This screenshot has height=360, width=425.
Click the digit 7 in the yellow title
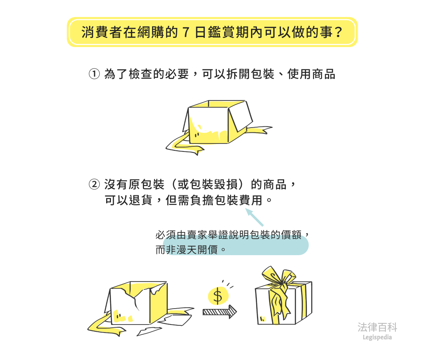pos(186,32)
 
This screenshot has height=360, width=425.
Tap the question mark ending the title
pos(338,32)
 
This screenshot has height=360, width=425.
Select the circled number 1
pos(94,74)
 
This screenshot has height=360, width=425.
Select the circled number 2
pos(94,185)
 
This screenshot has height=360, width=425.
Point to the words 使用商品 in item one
pos(311,74)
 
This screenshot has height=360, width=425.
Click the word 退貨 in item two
pos(140,200)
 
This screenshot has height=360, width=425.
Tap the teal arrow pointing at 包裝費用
pos(255,217)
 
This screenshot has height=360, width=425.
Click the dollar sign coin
pos(218,295)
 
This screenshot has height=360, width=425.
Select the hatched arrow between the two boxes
pos(219,312)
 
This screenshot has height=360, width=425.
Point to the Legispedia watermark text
pos(377,338)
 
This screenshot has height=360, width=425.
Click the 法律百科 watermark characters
pos(377,327)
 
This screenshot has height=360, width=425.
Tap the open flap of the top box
pos(241,116)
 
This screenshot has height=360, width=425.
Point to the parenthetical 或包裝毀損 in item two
pos(208,185)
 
